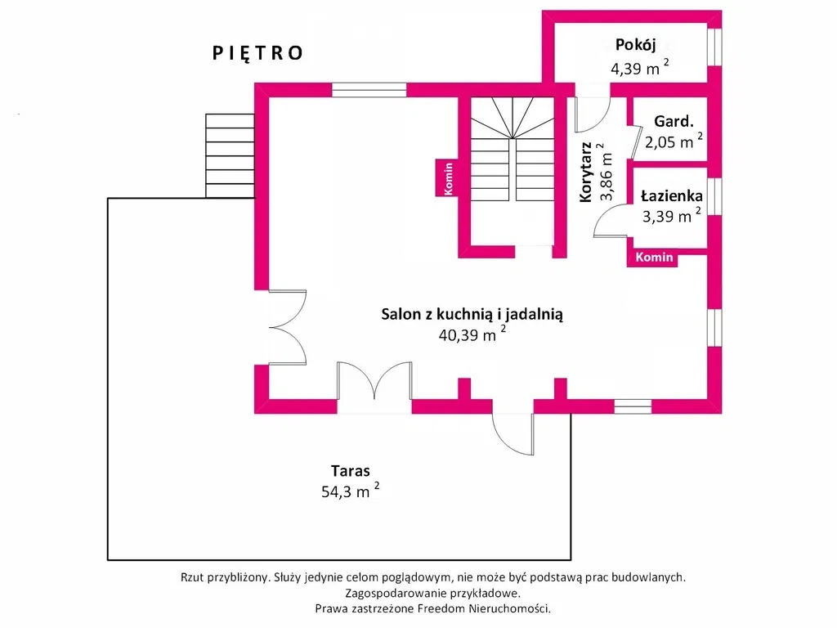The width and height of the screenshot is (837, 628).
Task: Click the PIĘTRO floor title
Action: point(257,53)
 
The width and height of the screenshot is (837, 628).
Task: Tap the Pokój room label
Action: point(635,45)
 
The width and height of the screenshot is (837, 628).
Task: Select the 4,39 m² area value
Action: point(639,68)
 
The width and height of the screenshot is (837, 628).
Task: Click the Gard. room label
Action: point(674,122)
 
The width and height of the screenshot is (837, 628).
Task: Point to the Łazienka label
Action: point(672,196)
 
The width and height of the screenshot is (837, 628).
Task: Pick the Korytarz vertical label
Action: point(585,172)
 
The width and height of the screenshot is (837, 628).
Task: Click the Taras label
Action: point(350,471)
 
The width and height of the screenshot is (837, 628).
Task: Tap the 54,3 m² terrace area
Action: point(350,491)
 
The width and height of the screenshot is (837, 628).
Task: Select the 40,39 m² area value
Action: point(472,334)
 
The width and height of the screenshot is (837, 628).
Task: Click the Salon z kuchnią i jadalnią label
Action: point(472,314)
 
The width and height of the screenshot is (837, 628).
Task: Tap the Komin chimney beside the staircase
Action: point(447,177)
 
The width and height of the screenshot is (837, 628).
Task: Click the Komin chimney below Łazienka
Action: point(653,258)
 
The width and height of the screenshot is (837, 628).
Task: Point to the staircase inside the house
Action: point(512,149)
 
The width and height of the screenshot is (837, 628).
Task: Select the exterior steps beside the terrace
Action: point(230,156)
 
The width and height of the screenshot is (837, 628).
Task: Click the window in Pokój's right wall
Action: point(714,47)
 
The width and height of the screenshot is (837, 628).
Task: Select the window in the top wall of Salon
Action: point(369,90)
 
